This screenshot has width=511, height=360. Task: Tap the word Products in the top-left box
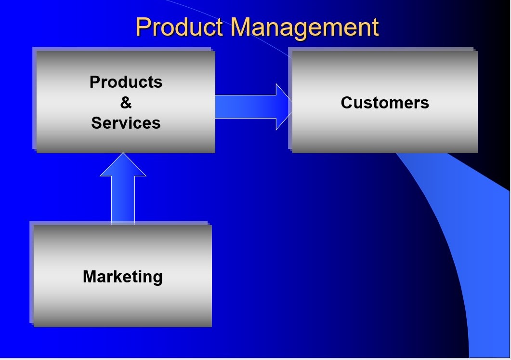tap(126, 82)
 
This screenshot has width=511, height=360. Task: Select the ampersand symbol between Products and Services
tap(126, 103)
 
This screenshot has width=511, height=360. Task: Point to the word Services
tap(126, 123)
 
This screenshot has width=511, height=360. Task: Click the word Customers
tap(385, 103)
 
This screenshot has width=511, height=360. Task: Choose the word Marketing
tap(122, 277)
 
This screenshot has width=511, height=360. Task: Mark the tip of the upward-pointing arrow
tap(123, 154)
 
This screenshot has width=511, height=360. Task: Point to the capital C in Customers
tap(347, 103)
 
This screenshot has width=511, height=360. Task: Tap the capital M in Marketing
tap(90, 277)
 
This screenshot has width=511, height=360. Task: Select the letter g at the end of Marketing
tap(157, 278)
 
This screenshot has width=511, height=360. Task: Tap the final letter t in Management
tap(375, 28)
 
